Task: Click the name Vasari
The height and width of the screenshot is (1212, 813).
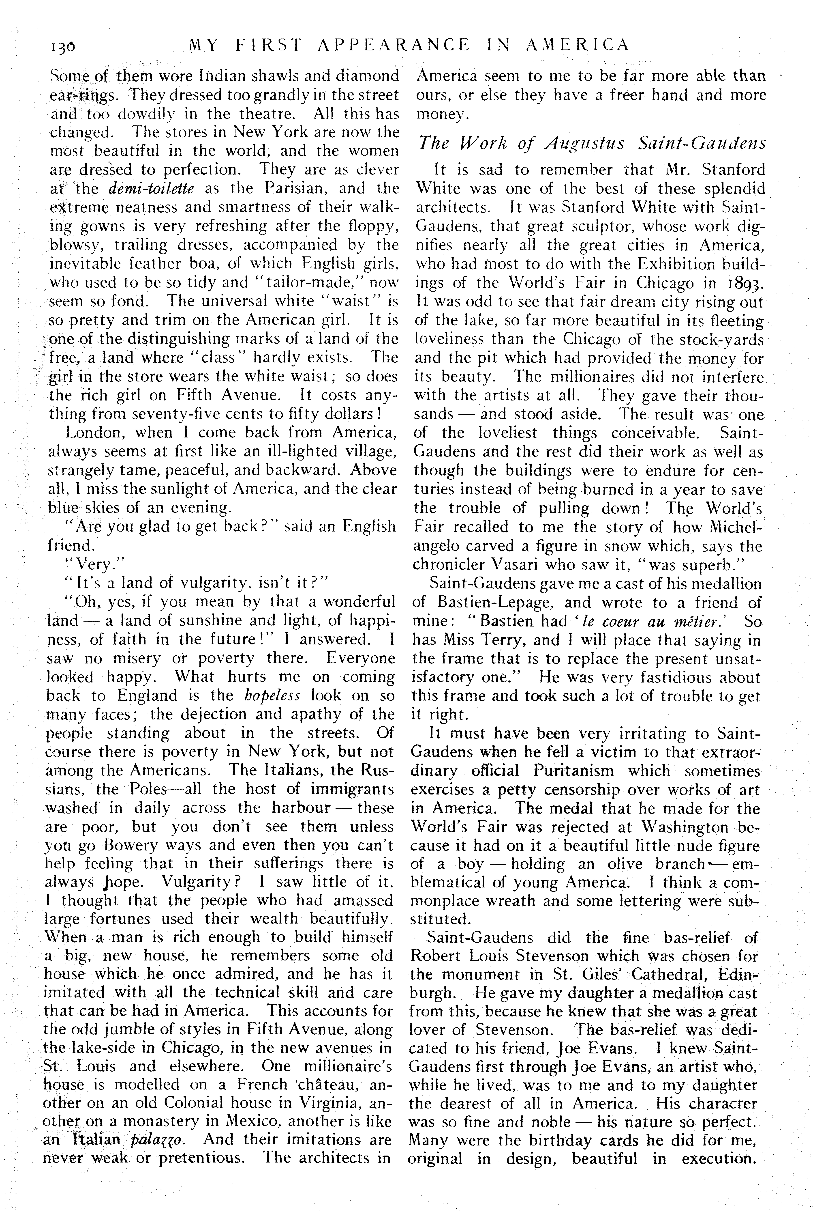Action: pos(526,564)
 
